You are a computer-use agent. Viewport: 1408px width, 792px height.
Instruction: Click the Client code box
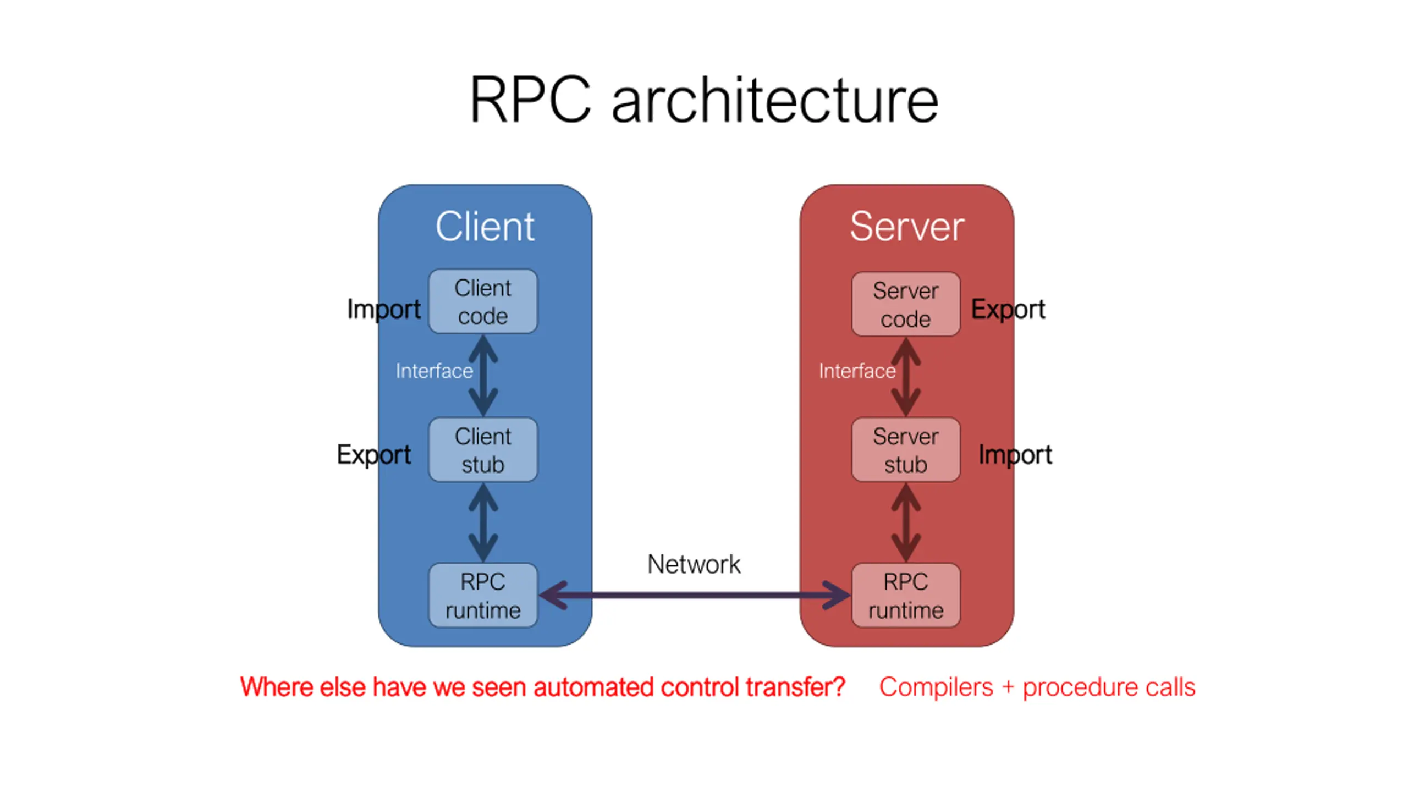click(483, 301)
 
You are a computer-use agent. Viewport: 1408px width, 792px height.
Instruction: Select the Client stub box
click(483, 450)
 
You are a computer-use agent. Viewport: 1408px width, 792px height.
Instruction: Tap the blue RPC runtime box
click(483, 595)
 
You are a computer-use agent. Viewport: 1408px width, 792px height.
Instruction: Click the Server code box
click(905, 304)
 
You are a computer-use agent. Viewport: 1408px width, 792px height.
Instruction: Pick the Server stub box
click(905, 450)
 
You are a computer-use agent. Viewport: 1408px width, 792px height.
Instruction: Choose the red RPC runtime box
click(905, 595)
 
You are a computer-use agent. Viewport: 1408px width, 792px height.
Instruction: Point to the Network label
click(694, 564)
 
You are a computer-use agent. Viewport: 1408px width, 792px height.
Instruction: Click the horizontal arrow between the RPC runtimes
click(694, 595)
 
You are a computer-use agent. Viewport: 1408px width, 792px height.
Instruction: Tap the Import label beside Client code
click(384, 309)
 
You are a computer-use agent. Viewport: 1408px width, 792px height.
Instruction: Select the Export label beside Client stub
click(374, 455)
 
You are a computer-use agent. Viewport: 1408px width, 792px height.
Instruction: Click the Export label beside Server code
click(1008, 309)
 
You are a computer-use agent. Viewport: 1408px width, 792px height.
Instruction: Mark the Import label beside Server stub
click(1015, 455)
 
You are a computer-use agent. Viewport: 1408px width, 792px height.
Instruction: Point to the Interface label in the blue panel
click(434, 371)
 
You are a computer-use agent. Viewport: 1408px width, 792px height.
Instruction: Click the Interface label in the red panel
click(857, 371)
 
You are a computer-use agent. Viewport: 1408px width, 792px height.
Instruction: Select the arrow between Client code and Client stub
click(483, 376)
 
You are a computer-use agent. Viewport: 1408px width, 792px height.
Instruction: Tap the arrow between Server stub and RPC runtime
click(905, 522)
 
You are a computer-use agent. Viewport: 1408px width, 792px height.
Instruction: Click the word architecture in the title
click(774, 101)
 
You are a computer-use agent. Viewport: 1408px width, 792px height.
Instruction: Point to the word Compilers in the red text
click(936, 687)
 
